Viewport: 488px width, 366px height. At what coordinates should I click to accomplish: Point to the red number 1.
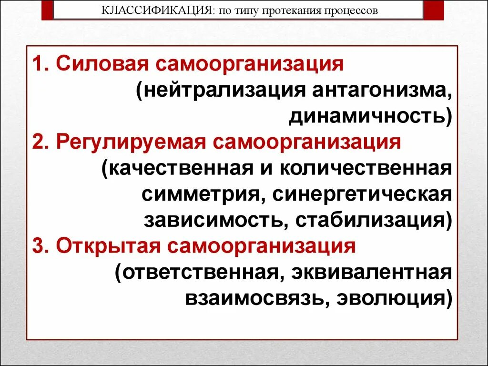click(x=38, y=64)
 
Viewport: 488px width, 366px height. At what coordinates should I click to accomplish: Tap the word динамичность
click(x=366, y=116)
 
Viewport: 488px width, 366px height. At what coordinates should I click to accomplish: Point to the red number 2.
click(x=38, y=142)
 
